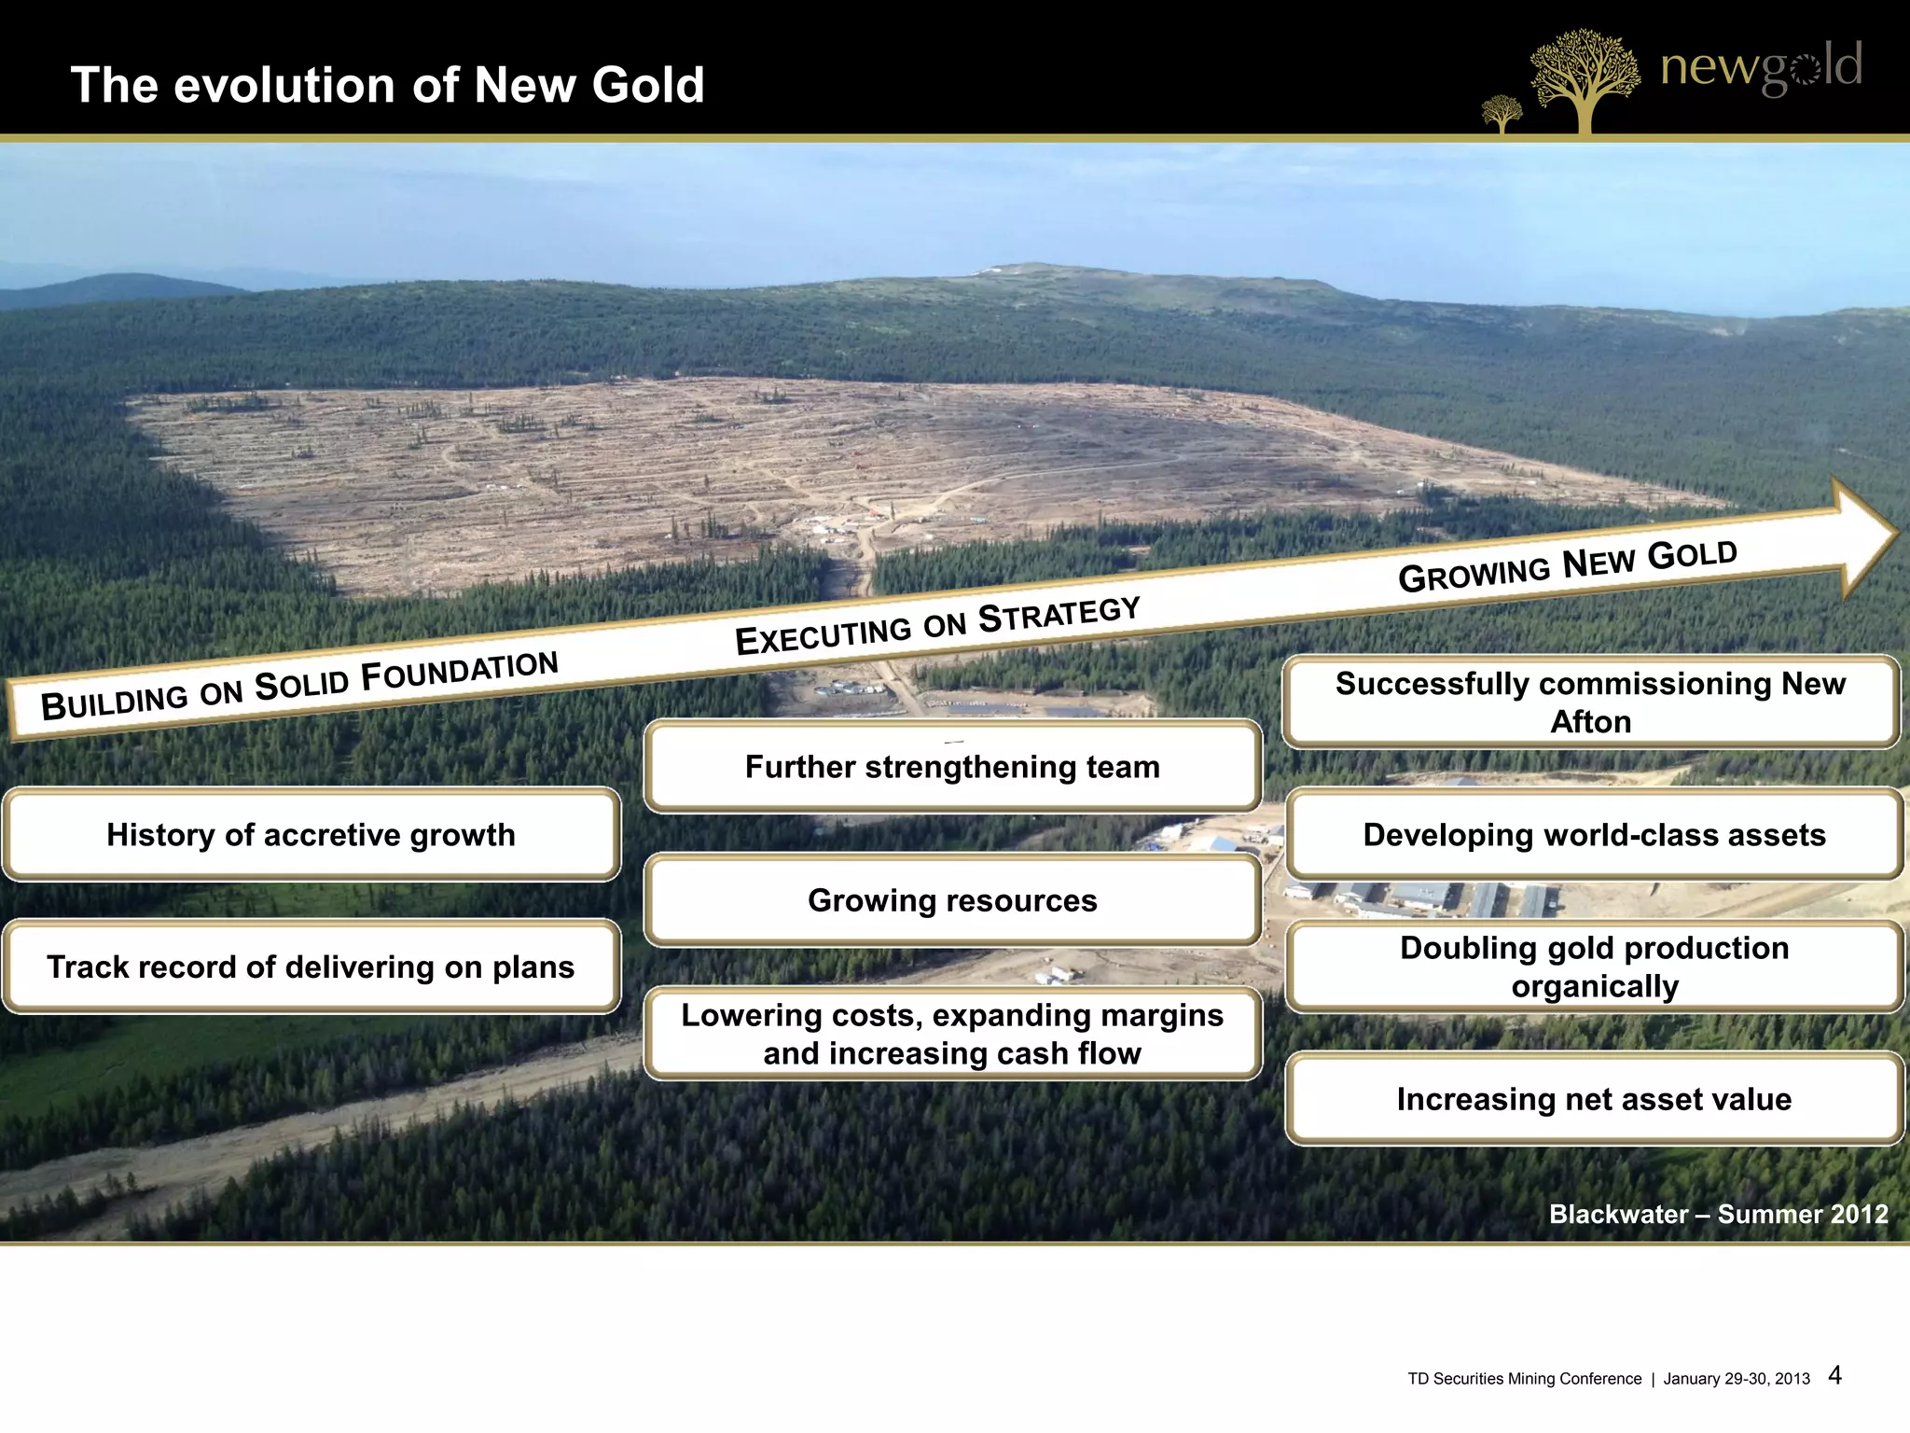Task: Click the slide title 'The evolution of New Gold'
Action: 387,85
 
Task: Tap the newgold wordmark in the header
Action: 1761,67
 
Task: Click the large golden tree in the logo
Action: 1584,79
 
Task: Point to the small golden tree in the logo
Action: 1502,114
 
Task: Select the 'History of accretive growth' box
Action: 311,835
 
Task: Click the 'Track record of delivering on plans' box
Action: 311,967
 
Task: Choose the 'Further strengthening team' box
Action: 952,767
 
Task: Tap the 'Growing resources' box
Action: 952,900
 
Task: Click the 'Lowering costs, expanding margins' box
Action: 952,1034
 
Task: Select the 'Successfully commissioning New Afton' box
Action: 1590,703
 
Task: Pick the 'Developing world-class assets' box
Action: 1594,835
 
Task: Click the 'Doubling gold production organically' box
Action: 1594,967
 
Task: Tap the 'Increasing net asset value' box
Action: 1594,1099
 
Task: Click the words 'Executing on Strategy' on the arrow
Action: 937,626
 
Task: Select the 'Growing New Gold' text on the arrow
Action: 1568,566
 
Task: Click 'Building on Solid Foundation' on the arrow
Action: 299,686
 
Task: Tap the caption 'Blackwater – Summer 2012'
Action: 1718,1214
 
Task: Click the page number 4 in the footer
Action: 1834,1375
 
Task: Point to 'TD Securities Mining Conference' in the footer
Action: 1524,1379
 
